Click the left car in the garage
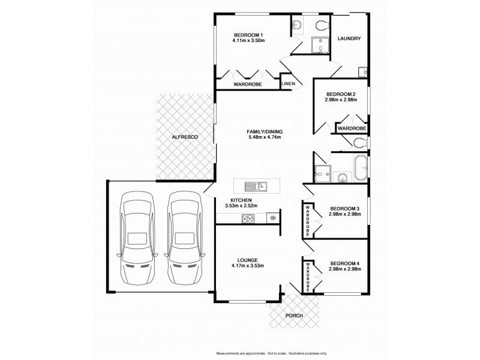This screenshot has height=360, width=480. click(x=137, y=238)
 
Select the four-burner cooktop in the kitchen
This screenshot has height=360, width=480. click(x=248, y=218)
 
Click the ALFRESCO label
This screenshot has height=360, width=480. click(x=185, y=137)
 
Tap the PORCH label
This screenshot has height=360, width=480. click(x=294, y=316)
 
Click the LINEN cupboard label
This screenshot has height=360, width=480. click(x=288, y=85)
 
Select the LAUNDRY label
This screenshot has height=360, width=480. click(x=349, y=39)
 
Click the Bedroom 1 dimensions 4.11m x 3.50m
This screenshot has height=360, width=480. click(x=248, y=41)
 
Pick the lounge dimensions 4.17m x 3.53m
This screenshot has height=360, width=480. click(x=248, y=265)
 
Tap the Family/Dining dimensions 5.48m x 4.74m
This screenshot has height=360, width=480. click(x=264, y=137)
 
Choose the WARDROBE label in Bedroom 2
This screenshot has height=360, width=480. click(x=352, y=128)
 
